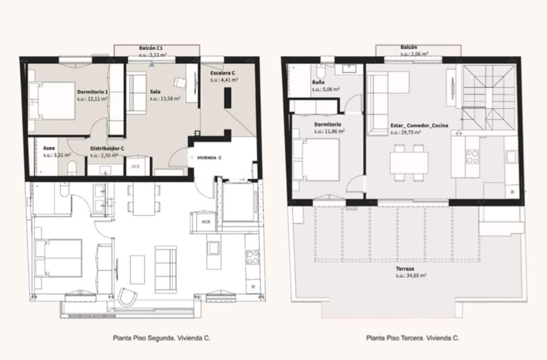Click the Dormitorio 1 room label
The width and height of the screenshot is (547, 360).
click(92, 92)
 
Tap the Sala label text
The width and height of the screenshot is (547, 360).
click(155, 92)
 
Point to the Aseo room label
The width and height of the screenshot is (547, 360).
click(48, 148)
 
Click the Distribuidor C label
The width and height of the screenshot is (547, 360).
click(108, 148)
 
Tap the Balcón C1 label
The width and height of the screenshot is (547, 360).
click(150, 48)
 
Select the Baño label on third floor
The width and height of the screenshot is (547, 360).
click(318, 82)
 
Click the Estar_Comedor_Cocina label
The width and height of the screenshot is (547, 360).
click(420, 125)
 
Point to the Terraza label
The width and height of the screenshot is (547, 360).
click(405, 269)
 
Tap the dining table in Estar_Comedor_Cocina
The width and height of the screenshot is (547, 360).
click(409, 163)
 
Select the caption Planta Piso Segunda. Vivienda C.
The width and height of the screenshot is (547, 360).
click(161, 338)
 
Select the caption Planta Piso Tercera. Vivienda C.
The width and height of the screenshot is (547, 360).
click(412, 338)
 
